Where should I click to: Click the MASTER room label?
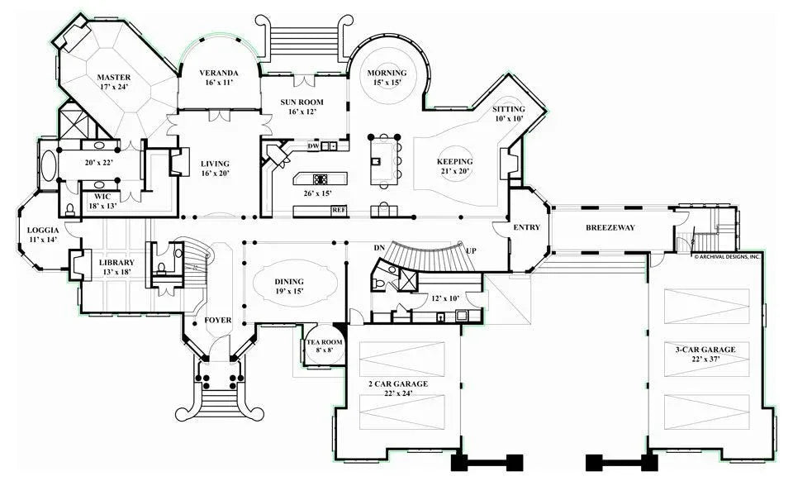pyautogui.click(x=113, y=77)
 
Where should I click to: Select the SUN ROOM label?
pyautogui.click(x=302, y=102)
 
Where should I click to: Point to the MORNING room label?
pyautogui.click(x=387, y=73)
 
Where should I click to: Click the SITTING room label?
pyautogui.click(x=508, y=109)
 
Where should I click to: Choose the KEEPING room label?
pyautogui.click(x=454, y=161)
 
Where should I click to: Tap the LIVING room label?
pyautogui.click(x=215, y=164)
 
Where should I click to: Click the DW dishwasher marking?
pyautogui.click(x=313, y=146)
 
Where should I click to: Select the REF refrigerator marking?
pyautogui.click(x=338, y=210)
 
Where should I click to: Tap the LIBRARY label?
pyautogui.click(x=116, y=263)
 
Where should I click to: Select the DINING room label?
pyautogui.click(x=289, y=281)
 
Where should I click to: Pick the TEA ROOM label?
pyautogui.click(x=325, y=341)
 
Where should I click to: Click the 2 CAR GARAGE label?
pyautogui.click(x=398, y=383)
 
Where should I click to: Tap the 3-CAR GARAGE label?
pyautogui.click(x=705, y=350)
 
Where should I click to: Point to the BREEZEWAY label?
pyautogui.click(x=610, y=227)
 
